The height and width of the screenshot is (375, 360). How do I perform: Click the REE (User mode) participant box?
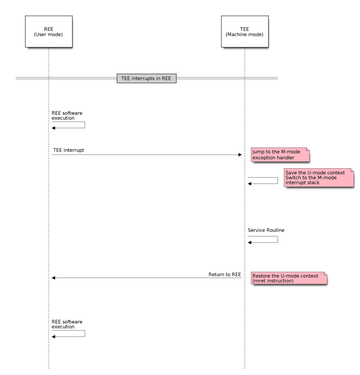pyautogui.click(x=48, y=31)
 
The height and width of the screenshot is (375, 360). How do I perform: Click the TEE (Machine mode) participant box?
pyautogui.click(x=244, y=31)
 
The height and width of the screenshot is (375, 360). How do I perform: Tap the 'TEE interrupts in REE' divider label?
pyautogui.click(x=146, y=78)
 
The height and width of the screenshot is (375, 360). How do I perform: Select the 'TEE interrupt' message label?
pyautogui.click(x=69, y=150)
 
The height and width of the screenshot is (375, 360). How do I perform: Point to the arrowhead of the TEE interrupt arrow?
pyautogui.click(x=240, y=155)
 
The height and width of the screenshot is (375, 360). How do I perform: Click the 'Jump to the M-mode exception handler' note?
pyautogui.click(x=280, y=155)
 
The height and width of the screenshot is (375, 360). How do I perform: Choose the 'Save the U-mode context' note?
pyautogui.click(x=318, y=178)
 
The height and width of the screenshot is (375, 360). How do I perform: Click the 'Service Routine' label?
pyautogui.click(x=266, y=230)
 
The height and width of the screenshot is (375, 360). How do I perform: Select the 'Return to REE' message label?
pyautogui.click(x=224, y=274)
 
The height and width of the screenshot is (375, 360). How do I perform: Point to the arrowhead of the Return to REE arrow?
pyautogui.click(x=54, y=278)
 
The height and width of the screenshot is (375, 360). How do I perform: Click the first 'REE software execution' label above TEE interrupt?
pyautogui.click(x=67, y=115)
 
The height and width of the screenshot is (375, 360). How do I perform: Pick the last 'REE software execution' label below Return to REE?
pyautogui.click(x=67, y=324)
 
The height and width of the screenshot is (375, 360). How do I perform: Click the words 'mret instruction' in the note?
pyautogui.click(x=274, y=281)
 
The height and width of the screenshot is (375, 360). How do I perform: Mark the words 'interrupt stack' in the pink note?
pyautogui.click(x=302, y=183)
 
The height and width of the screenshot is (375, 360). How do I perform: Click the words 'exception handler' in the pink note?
pyautogui.click(x=273, y=158)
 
